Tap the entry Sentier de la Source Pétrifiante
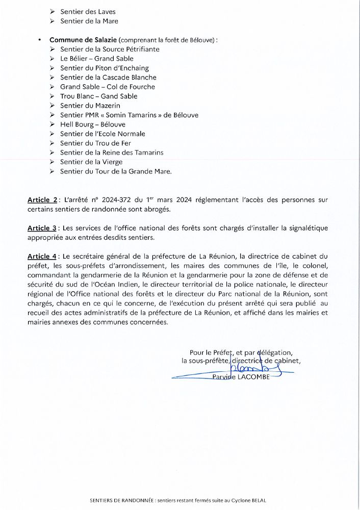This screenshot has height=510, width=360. point(109,49)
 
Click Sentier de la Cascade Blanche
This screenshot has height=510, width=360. point(108,78)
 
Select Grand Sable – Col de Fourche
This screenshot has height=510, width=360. point(107,87)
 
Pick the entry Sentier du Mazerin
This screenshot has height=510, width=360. point(90,106)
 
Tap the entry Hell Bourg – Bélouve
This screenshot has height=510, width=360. point(92,124)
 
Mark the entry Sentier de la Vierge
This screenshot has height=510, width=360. point(91,162)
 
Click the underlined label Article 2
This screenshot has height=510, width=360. point(43,200)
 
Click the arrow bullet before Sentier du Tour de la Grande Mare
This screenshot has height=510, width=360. point(53,172)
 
